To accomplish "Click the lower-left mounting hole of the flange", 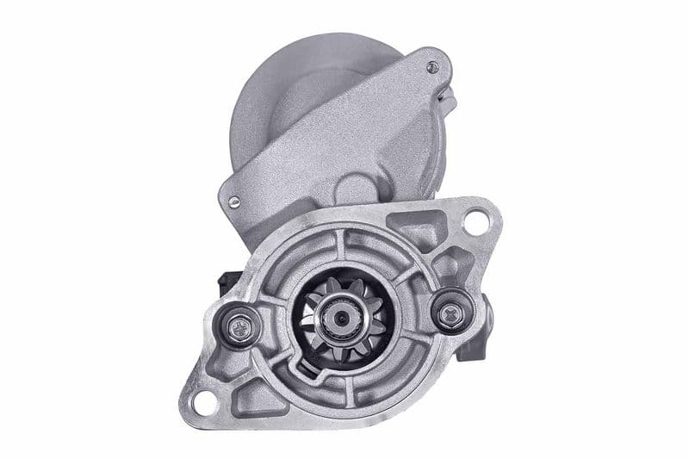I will coord(204,400).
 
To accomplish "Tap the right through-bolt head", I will coord(449,313).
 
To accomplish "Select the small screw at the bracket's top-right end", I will coord(432,66).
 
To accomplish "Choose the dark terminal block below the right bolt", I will coord(472,344).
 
